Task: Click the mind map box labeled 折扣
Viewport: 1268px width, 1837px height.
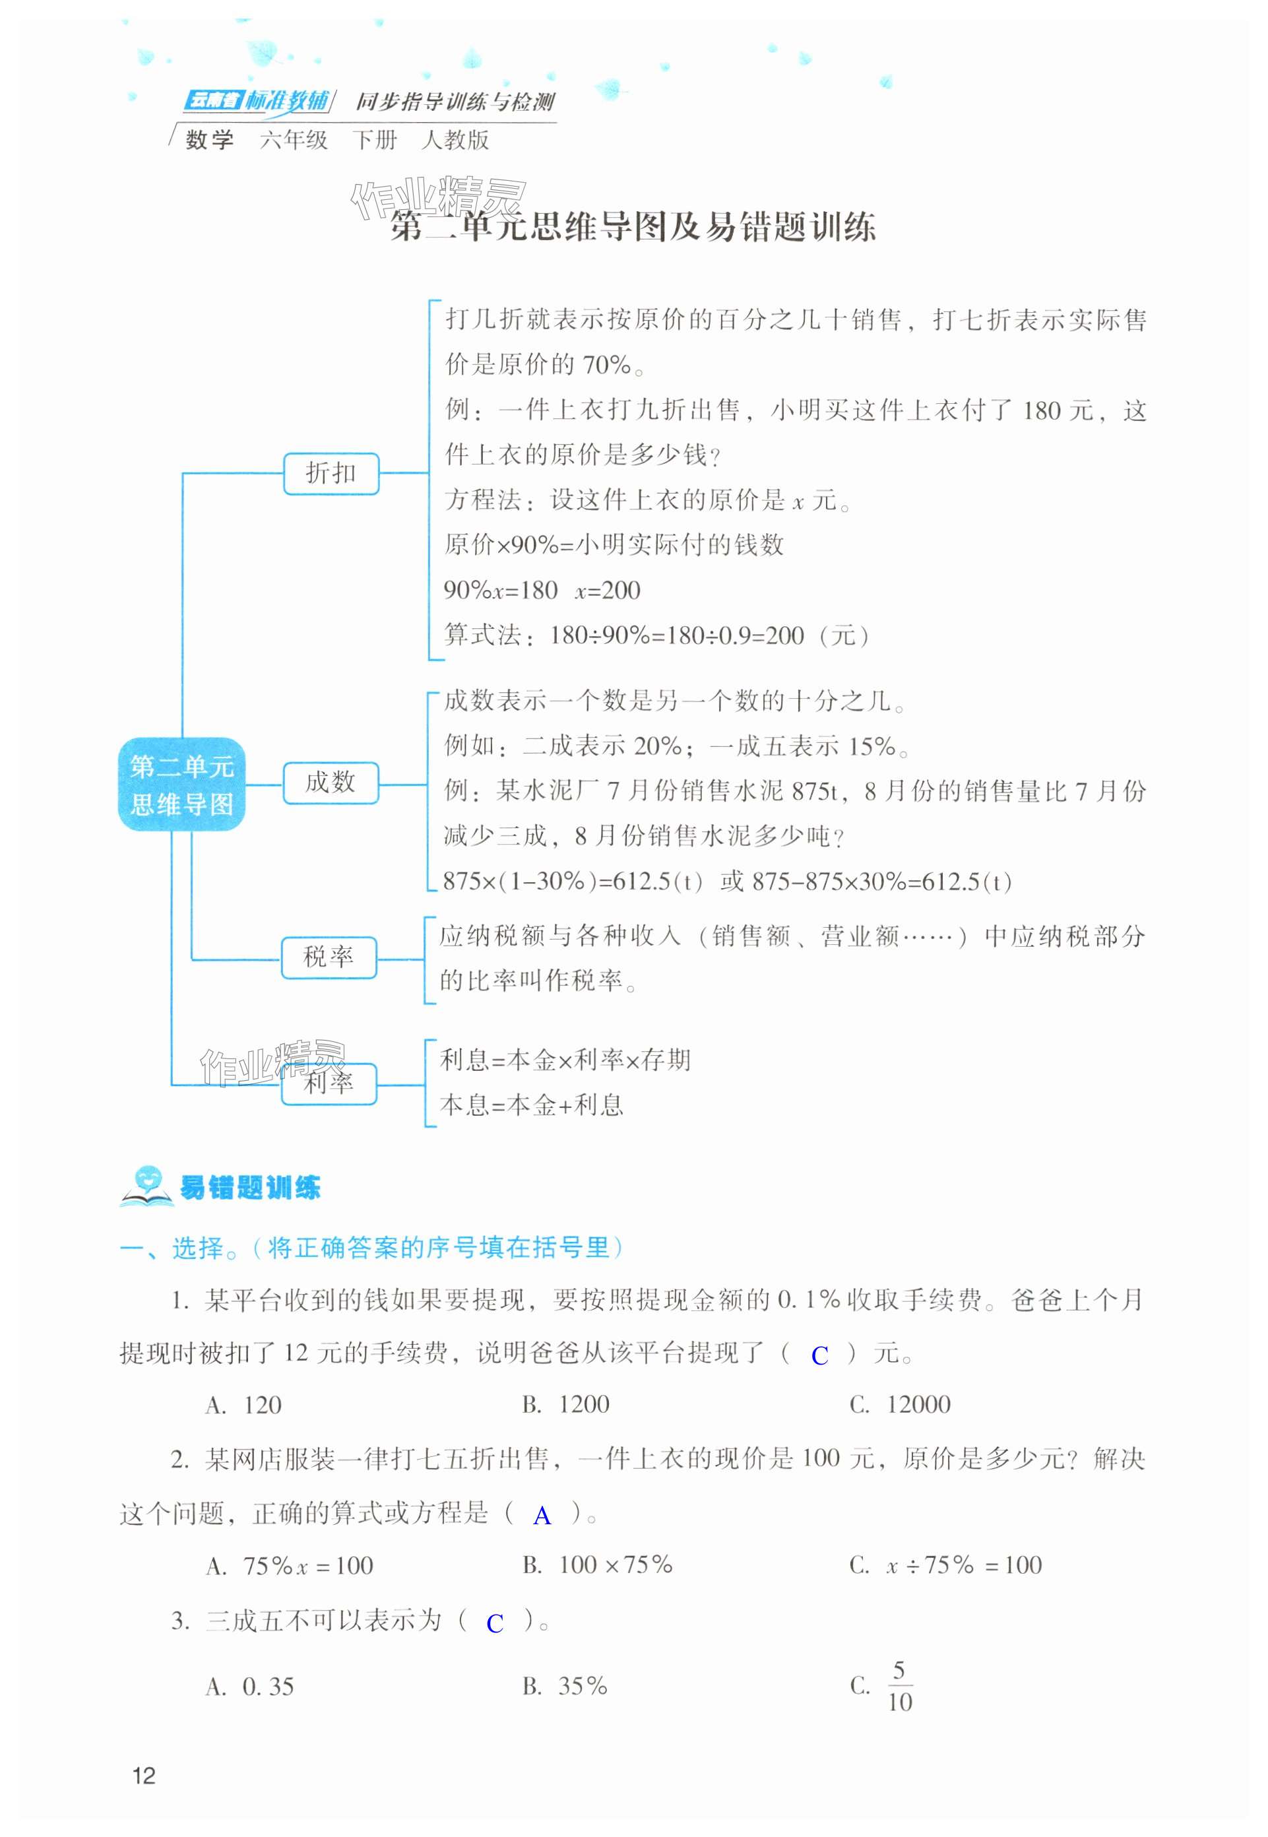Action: pos(331,474)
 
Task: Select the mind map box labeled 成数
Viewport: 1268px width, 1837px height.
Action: pos(330,783)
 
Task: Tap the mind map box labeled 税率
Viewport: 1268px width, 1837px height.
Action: pos(328,957)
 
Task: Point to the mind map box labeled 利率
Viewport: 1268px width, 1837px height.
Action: pos(328,1082)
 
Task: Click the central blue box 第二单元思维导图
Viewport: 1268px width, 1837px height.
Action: pos(181,785)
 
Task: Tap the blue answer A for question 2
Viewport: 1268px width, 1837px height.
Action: pos(542,1516)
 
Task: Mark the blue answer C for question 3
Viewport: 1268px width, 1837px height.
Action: pos(494,1624)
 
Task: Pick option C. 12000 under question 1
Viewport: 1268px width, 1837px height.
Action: pos(899,1405)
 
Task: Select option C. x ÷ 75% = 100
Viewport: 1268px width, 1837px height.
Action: pos(945,1565)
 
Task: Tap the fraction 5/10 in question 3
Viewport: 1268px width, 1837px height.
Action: pos(899,1686)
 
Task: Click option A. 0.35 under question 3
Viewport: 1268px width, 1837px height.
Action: pos(249,1686)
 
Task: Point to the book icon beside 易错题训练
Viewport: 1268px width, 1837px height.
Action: pos(145,1187)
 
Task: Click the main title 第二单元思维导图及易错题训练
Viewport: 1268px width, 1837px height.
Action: pos(633,227)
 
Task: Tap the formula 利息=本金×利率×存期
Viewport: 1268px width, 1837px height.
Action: pos(565,1060)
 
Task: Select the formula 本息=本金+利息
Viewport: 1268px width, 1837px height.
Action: pos(532,1105)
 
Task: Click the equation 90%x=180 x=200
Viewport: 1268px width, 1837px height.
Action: pos(542,591)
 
